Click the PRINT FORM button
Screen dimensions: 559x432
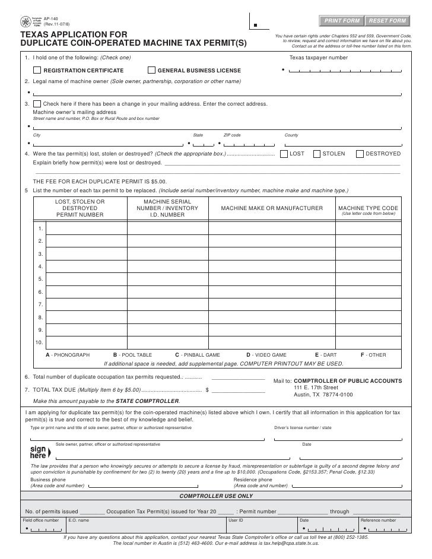pyautogui.click(x=341, y=21)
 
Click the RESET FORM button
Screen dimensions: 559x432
pyautogui.click(x=387, y=21)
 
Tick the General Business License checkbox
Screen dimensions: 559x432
pyautogui.click(x=151, y=71)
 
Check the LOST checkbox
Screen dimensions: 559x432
pyautogui.click(x=284, y=153)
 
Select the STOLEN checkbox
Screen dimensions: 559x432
pyautogui.click(x=317, y=153)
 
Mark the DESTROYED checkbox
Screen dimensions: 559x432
pyautogui.click(x=360, y=153)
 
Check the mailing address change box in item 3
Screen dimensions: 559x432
pyautogui.click(x=37, y=103)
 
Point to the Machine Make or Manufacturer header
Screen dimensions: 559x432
pyautogui.click(x=272, y=208)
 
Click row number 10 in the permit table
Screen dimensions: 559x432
pyautogui.click(x=39, y=342)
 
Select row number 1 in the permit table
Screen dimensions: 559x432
pyautogui.click(x=40, y=228)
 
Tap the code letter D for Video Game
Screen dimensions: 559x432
pyautogui.click(x=248, y=355)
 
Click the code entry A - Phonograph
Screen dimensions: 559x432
pyautogui.click(x=68, y=355)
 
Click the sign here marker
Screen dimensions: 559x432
pyautogui.click(x=39, y=453)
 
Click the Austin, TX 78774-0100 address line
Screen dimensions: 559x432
pyautogui.click(x=323, y=395)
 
